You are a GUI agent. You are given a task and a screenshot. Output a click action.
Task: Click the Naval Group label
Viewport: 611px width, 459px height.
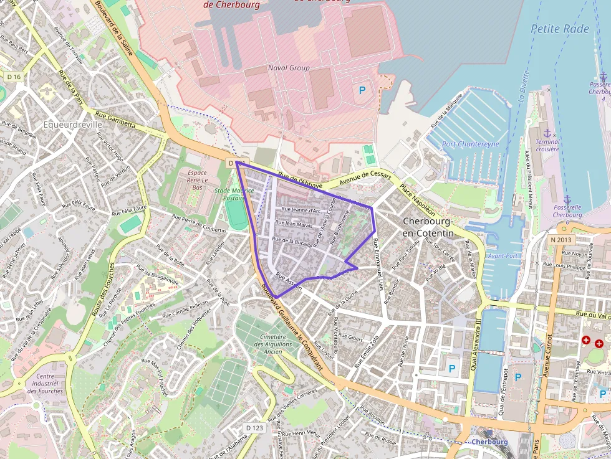(289, 67)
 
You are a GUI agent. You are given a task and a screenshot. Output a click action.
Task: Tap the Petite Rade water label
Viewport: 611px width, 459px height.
(559, 28)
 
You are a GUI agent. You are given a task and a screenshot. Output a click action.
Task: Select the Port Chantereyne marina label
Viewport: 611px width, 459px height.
(471, 144)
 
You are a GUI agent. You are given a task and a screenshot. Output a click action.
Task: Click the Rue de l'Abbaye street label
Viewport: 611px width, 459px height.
(301, 181)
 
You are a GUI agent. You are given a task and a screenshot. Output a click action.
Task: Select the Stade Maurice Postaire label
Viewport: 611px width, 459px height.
(234, 194)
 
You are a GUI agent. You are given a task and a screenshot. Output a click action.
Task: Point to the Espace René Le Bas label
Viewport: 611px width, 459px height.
(197, 179)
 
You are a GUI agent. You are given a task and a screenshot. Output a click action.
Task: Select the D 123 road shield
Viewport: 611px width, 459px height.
(255, 428)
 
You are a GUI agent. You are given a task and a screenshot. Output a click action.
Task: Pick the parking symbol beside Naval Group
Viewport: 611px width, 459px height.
(362, 90)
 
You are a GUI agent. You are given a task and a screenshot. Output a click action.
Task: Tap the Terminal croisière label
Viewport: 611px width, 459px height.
(548, 145)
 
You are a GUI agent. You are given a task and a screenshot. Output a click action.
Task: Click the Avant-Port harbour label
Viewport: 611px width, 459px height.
(503, 256)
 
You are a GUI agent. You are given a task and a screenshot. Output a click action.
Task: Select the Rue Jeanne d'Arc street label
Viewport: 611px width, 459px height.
(301, 210)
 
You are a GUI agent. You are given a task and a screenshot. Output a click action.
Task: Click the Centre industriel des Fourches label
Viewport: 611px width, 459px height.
(49, 384)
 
